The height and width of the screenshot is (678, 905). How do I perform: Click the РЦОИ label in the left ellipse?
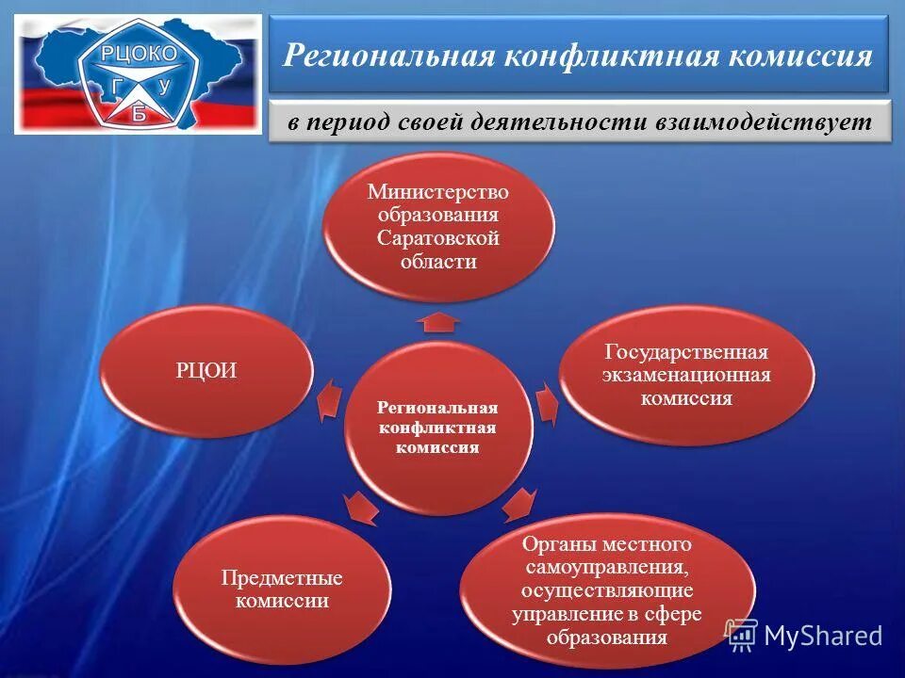click(x=206, y=371)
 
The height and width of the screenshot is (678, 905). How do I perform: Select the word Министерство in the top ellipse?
click(x=438, y=192)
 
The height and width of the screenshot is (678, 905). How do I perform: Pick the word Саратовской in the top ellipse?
click(x=438, y=238)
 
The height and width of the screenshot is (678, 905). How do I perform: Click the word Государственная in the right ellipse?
click(x=686, y=352)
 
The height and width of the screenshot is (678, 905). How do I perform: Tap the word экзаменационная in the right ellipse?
click(x=686, y=375)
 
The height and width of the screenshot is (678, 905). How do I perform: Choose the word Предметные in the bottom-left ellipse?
click(x=282, y=577)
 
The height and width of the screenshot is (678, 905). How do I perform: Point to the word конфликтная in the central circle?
click(x=437, y=428)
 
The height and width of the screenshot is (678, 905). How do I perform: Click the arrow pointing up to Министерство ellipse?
click(x=438, y=323)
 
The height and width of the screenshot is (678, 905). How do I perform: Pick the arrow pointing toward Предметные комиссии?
click(x=363, y=508)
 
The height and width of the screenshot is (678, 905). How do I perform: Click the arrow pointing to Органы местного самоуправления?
click(x=518, y=505)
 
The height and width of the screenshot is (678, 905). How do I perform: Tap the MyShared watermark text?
click(x=822, y=636)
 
